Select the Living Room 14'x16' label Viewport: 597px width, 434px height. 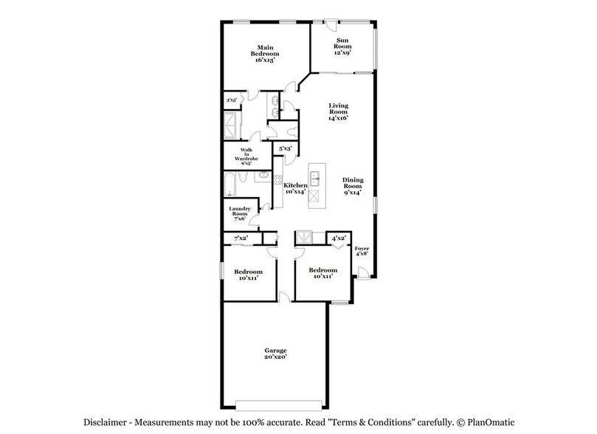338,111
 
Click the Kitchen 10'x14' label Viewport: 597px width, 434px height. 296,188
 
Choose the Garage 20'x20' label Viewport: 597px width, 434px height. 276,353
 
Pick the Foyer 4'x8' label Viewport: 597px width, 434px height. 362,252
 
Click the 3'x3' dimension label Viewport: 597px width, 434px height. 231,100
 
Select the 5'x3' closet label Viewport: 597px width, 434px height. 284,148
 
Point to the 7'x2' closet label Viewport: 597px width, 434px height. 241,238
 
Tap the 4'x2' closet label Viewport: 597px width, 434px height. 339,238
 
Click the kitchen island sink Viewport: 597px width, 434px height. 314,177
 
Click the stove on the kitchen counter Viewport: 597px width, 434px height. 278,179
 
